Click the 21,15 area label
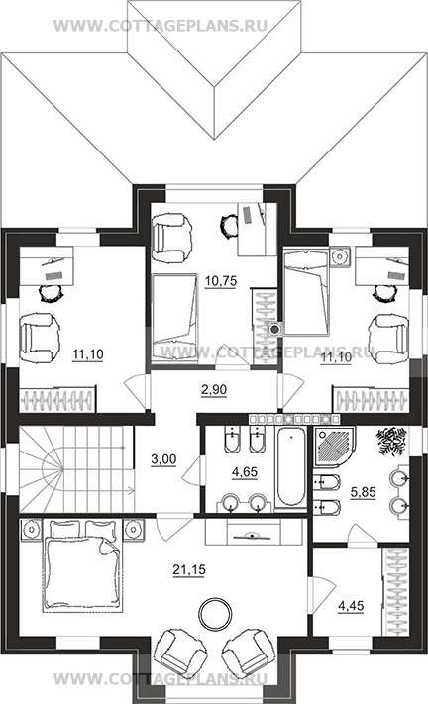pyautogui.click(x=189, y=570)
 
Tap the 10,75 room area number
pyautogui.click(x=221, y=281)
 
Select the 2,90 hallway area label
pyautogui.click(x=214, y=390)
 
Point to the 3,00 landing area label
pyautogui.click(x=163, y=459)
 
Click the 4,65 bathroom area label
pyautogui.click(x=245, y=472)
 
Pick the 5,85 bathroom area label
pyautogui.click(x=363, y=492)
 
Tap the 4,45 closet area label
pyautogui.click(x=351, y=606)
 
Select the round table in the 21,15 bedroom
pyautogui.click(x=216, y=613)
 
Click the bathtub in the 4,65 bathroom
pyautogui.click(x=291, y=467)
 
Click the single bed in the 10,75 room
pyautogui.click(x=174, y=318)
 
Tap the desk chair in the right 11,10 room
pyautogui.click(x=384, y=294)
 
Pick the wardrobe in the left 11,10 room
pyautogui.click(x=57, y=399)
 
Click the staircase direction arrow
pyautogui.click(x=98, y=491)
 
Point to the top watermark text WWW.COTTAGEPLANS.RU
pyautogui.click(x=160, y=25)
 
